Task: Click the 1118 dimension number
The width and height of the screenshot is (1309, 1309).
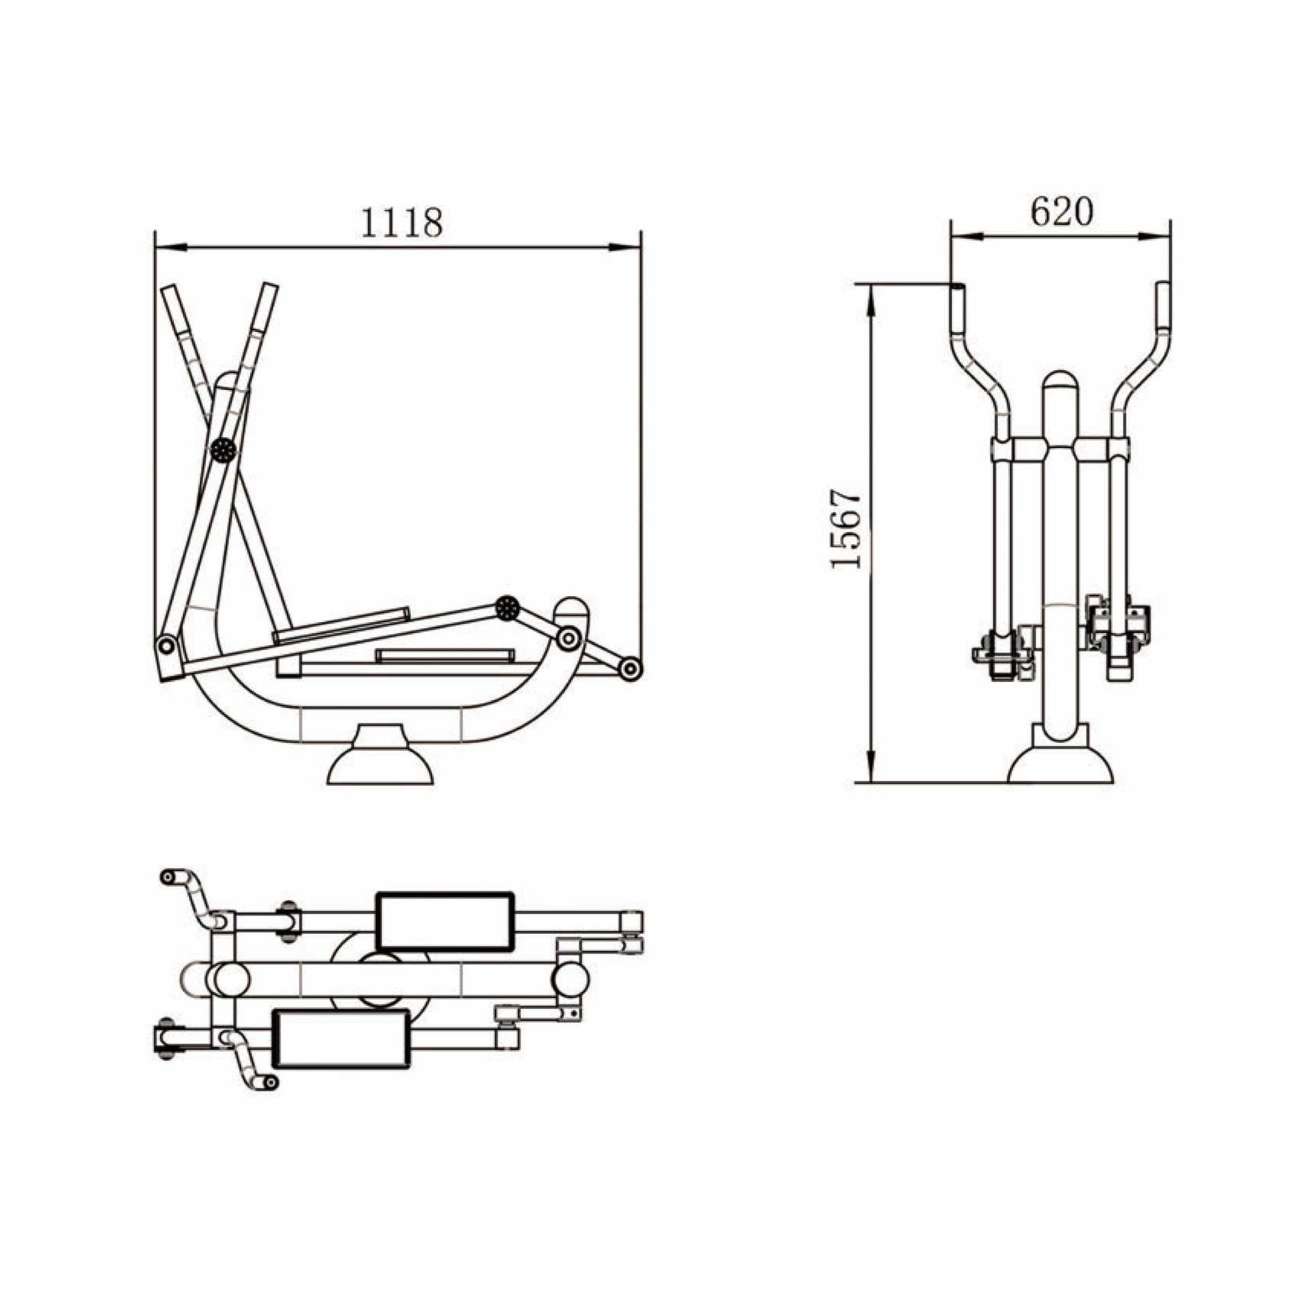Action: [x=401, y=222]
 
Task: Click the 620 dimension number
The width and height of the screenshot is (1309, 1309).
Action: [x=1061, y=211]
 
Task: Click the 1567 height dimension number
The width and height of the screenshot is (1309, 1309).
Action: [x=845, y=528]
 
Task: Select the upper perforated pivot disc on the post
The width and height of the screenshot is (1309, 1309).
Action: [x=223, y=449]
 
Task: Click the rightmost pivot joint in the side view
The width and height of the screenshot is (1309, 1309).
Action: [x=630, y=668]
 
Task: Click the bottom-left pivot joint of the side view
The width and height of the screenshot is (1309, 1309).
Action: [x=166, y=644]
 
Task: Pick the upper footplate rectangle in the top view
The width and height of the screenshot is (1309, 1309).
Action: [x=445, y=921]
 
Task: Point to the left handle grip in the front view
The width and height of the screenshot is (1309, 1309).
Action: [x=957, y=307]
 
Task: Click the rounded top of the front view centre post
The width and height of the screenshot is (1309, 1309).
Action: [x=1061, y=382]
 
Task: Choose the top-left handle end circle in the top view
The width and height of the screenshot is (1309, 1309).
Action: [x=167, y=877]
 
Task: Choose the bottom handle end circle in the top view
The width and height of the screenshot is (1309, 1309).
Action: [x=271, y=1082]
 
